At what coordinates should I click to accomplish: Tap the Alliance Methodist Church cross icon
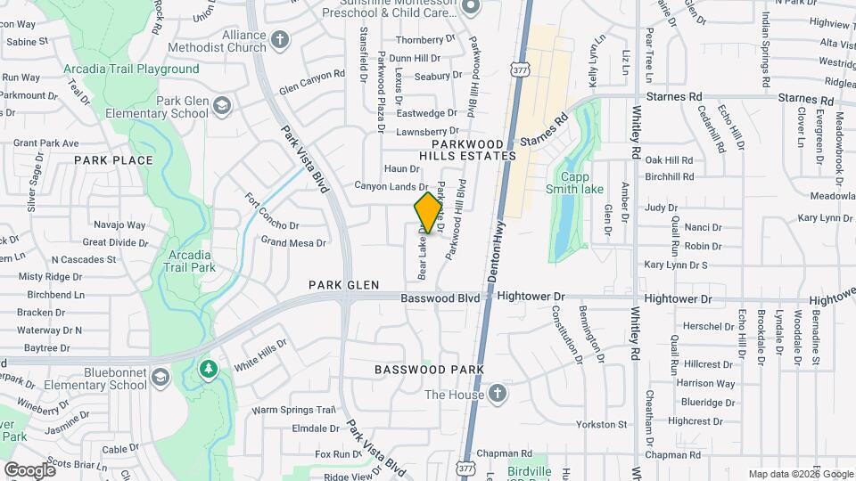(280, 40)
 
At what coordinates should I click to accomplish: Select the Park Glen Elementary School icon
(222, 108)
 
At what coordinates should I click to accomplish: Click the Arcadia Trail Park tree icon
(209, 368)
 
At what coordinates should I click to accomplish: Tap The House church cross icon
(498, 395)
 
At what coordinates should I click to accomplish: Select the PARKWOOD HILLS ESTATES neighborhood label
(473, 150)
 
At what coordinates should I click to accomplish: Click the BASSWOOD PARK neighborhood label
(429, 369)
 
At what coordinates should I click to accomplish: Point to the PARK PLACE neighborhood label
(113, 160)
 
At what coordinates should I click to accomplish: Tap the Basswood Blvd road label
(440, 298)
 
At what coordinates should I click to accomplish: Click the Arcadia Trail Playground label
(131, 69)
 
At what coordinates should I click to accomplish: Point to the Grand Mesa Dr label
(292, 241)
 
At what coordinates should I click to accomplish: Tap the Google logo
(29, 469)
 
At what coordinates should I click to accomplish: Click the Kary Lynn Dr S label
(675, 265)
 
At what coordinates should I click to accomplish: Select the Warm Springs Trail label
(292, 411)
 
